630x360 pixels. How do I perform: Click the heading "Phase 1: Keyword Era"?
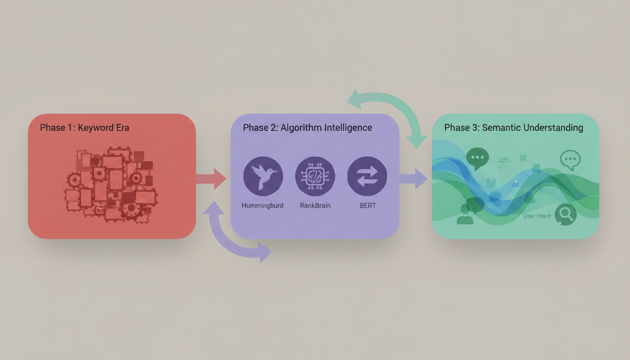tap(84, 128)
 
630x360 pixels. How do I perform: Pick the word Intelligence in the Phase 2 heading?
tap(349, 128)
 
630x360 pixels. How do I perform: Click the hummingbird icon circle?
tap(263, 176)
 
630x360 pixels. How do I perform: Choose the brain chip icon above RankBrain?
tap(315, 176)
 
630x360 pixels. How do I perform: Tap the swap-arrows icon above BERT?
tap(367, 176)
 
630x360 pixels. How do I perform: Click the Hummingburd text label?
tap(262, 205)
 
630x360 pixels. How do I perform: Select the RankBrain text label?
tap(315, 205)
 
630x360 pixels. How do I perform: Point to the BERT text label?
tap(367, 205)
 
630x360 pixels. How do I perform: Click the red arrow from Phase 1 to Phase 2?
tap(211, 179)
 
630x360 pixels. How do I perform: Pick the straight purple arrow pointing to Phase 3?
tap(413, 179)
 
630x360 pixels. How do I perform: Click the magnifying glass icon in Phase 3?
tap(566, 215)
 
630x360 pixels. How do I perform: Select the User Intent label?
tap(537, 216)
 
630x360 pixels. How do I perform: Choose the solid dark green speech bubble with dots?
tap(478, 157)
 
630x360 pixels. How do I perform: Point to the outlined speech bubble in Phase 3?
tap(570, 160)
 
